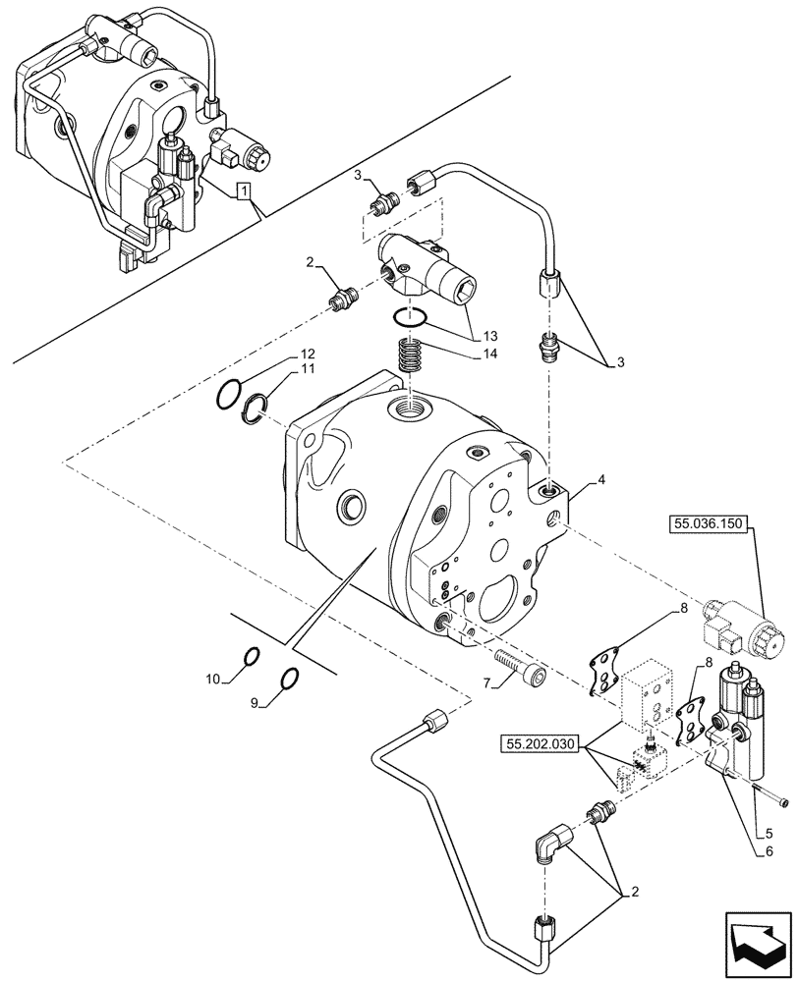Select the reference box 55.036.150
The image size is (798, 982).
click(711, 525)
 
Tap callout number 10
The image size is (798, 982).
click(213, 678)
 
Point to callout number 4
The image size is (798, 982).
click(601, 482)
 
